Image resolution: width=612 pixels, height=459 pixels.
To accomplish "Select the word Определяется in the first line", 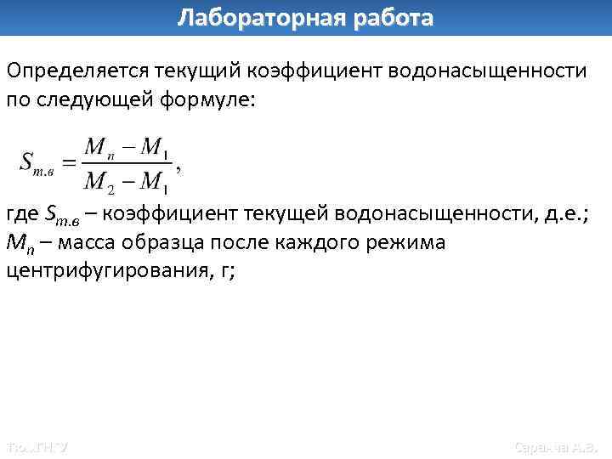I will click(x=76, y=70).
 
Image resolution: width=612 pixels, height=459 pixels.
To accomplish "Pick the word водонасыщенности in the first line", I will click(x=487, y=70).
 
